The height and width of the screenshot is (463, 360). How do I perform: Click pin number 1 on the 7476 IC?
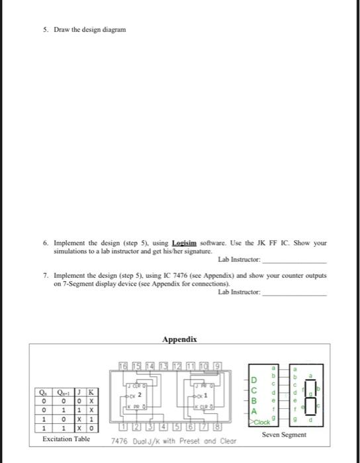[122, 428]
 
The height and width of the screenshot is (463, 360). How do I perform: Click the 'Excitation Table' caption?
[66, 439]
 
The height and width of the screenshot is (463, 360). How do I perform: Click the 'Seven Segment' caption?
[284, 435]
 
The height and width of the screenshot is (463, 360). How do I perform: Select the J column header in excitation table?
[80, 391]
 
